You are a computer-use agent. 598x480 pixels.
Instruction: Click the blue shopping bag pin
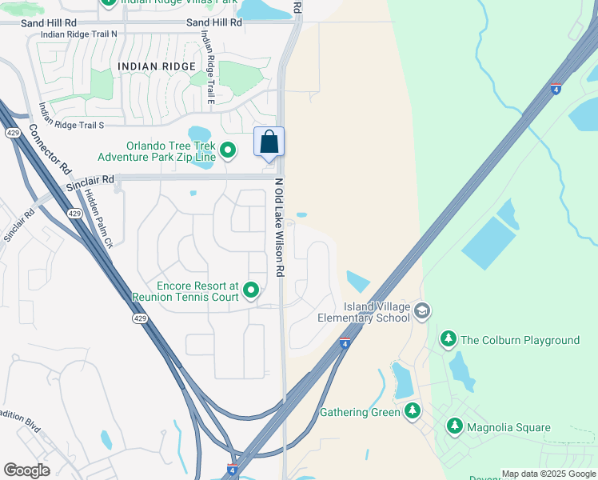click(269, 142)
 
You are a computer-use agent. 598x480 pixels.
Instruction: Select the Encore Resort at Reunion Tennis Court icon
click(252, 290)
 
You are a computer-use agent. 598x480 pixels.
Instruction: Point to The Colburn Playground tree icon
click(448, 340)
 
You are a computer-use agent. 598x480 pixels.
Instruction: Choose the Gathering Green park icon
click(413, 412)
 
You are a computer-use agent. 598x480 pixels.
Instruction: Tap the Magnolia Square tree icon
click(455, 427)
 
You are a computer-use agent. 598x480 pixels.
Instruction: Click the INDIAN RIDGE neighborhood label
click(156, 66)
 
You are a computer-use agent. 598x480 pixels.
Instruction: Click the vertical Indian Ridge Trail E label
click(208, 67)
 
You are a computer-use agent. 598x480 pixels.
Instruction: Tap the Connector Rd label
click(50, 150)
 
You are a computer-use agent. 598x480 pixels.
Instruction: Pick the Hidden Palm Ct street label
click(100, 218)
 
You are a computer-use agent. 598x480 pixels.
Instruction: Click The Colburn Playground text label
click(520, 340)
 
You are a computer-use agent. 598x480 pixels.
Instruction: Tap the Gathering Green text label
click(359, 412)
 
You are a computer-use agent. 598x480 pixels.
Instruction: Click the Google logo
click(26, 470)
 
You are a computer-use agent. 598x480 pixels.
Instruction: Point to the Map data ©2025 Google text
click(548, 474)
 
